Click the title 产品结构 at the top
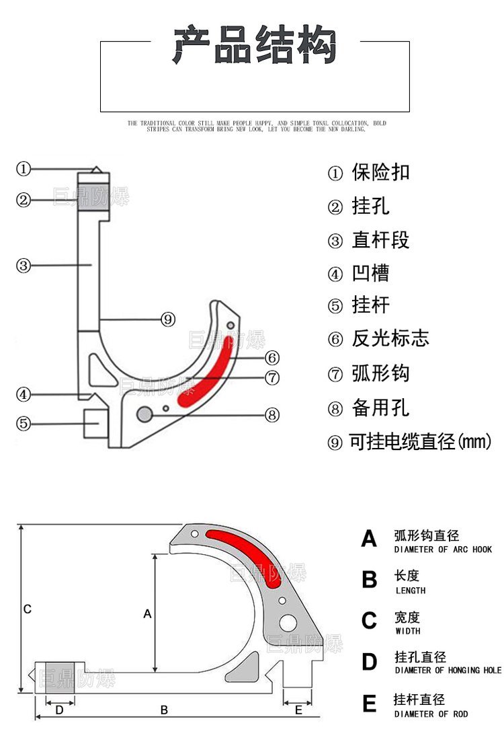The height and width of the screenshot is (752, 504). point(255,45)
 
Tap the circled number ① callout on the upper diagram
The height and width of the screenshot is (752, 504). point(24,169)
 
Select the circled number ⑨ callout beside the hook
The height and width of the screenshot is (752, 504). point(168,319)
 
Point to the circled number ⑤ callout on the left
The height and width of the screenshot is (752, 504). point(24,424)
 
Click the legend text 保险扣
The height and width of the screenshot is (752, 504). point(380,172)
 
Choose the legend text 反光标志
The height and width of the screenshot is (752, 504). point(390,338)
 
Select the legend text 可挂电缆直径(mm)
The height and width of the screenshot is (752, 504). point(421,442)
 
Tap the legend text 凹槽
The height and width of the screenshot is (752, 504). point(370,273)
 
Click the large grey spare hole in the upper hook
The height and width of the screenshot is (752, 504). point(144,414)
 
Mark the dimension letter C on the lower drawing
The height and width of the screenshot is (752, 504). point(27,609)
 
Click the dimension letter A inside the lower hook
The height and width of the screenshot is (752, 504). point(149,613)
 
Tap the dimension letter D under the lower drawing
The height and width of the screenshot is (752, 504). point(59,709)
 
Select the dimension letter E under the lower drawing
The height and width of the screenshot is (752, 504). point(299,709)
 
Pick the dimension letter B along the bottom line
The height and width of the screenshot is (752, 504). point(163,709)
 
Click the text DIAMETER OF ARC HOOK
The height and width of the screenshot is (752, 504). point(443,550)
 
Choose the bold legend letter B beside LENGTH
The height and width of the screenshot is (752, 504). point(369,580)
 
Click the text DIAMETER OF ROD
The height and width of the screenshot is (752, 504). point(431,714)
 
